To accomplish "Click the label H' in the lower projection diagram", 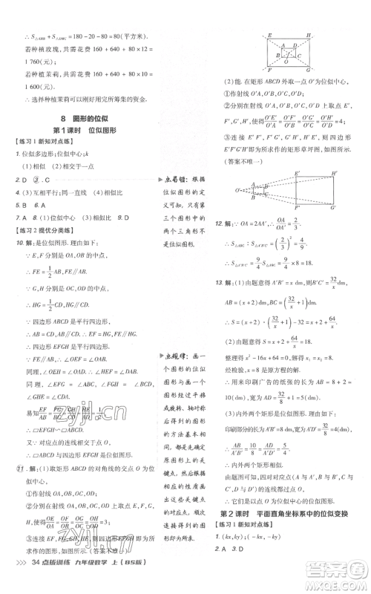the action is pyautogui.click(x=333, y=173).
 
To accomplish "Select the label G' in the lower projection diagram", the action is pyautogui.click(x=332, y=206).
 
